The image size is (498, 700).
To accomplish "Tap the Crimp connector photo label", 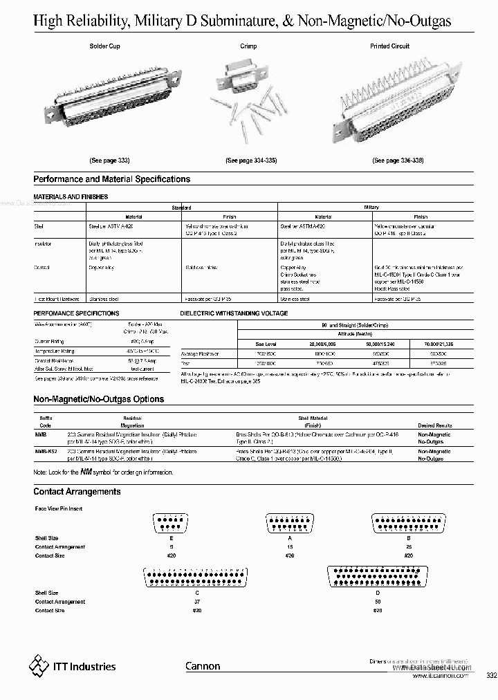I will pyautogui.click(x=248, y=46).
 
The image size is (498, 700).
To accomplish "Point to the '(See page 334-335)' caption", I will pyautogui.click(x=251, y=160).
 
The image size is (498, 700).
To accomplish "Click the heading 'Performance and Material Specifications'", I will pyautogui.click(x=112, y=179).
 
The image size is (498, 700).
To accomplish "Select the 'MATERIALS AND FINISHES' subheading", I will pyautogui.click(x=71, y=196).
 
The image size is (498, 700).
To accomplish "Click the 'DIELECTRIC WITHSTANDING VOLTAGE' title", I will pyautogui.click(x=234, y=313).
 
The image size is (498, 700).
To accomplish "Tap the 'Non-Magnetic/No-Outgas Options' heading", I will pyautogui.click(x=99, y=400).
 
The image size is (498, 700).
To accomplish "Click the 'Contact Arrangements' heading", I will pyautogui.click(x=77, y=492).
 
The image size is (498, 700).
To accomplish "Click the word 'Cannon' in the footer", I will pyautogui.click(x=203, y=667).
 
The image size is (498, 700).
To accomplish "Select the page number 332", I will pyautogui.click(x=491, y=676).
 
